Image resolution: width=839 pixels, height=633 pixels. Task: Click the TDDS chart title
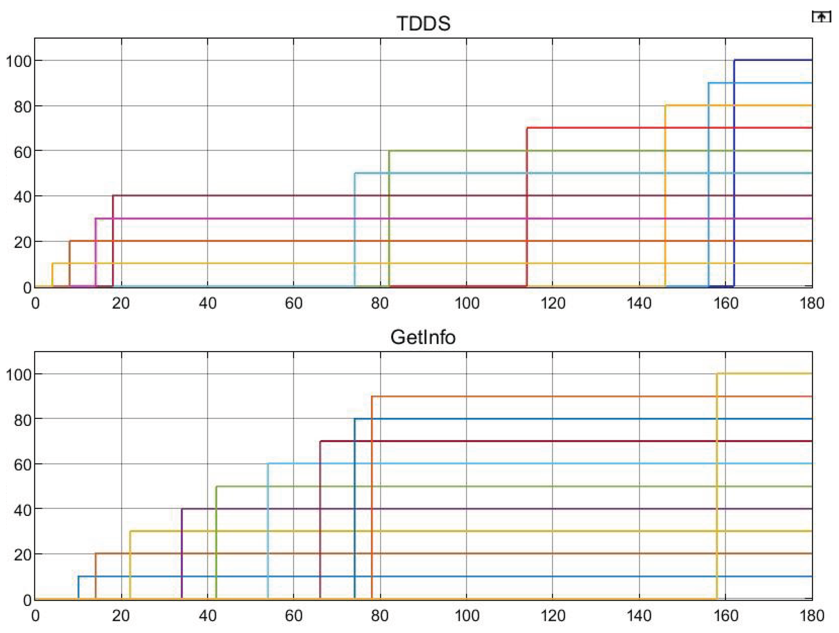click(423, 23)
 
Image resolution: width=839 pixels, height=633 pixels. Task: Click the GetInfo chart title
click(423, 337)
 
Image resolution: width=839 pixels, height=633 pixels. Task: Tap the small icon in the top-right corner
click(821, 17)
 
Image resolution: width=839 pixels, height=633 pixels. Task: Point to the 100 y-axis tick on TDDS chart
click(18, 62)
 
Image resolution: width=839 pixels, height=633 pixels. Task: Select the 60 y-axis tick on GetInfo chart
click(23, 465)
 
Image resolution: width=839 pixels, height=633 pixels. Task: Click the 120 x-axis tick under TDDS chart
click(553, 303)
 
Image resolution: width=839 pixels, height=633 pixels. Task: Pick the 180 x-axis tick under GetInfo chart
click(812, 616)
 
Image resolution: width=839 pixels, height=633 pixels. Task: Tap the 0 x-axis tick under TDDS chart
click(36, 303)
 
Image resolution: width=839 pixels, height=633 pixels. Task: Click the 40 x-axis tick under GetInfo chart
click(208, 616)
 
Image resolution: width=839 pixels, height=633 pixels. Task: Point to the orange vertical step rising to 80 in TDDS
click(665, 194)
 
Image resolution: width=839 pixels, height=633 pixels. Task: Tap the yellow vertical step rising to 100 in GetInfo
click(717, 484)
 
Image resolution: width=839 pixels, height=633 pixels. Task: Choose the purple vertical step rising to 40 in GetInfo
click(182, 553)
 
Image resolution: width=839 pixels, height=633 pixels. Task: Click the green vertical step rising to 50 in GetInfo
click(216, 541)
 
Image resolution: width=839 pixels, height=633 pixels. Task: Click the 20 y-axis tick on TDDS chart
click(23, 243)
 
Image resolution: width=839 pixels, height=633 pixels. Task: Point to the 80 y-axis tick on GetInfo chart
click(23, 420)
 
